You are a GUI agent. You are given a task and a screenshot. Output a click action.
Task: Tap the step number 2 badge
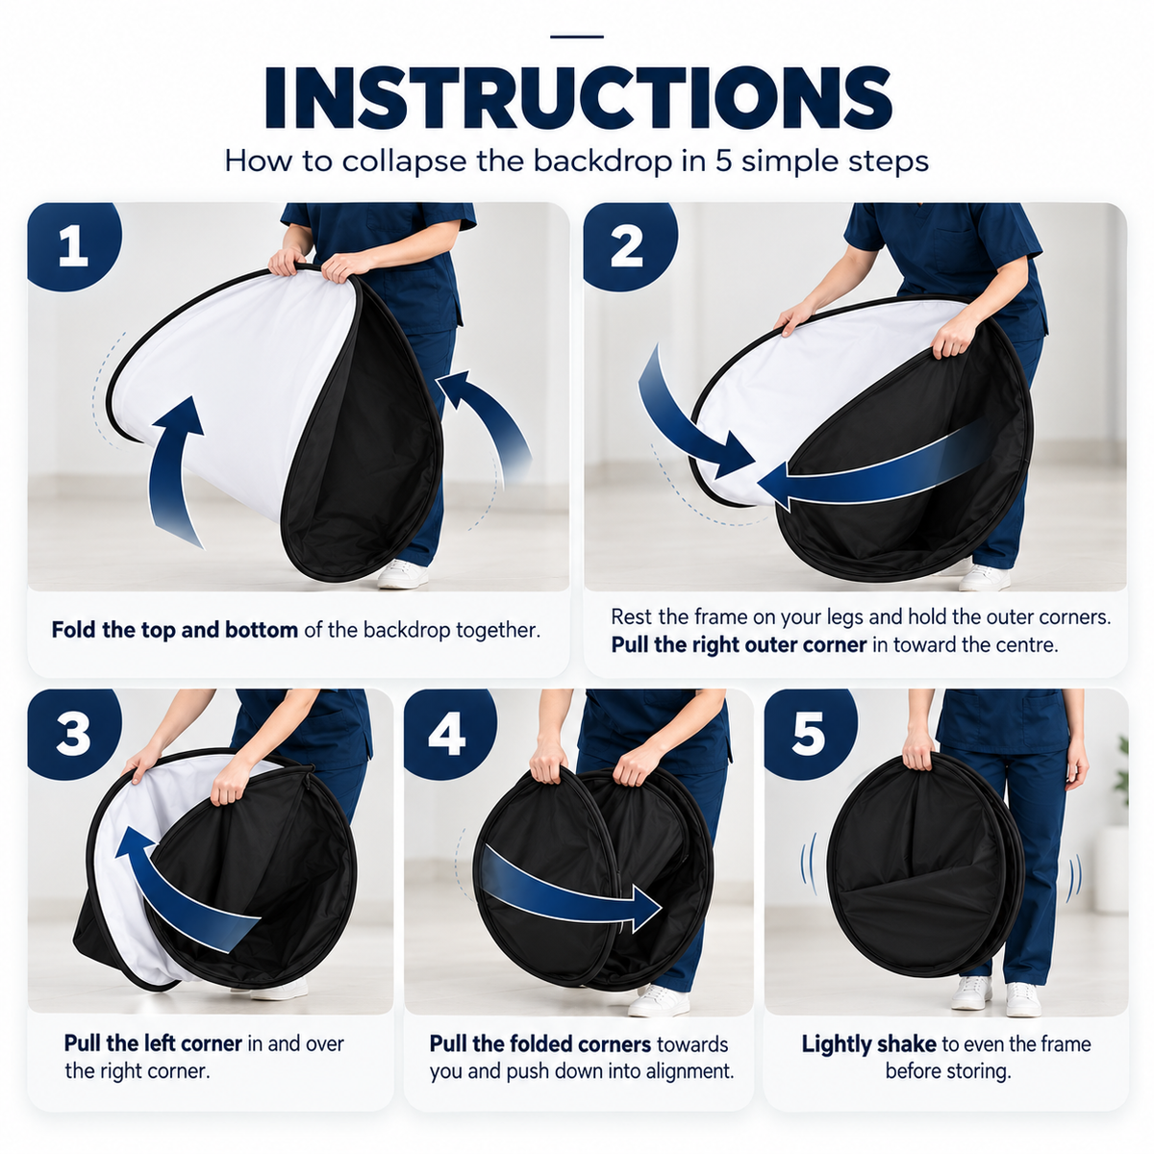point(629,245)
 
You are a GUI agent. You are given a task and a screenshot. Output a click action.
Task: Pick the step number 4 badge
point(449,733)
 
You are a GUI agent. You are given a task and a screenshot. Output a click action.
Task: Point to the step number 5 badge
point(810,733)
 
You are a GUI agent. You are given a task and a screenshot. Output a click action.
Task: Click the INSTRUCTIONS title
point(578,98)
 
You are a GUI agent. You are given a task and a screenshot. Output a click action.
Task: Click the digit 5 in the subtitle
point(723,162)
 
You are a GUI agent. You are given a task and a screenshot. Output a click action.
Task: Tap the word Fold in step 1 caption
point(74,630)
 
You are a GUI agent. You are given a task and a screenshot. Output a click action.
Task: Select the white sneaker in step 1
point(402,574)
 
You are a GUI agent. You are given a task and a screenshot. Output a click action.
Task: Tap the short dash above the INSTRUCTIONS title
point(577,37)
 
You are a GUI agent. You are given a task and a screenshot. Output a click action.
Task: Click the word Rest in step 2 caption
point(631,616)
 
